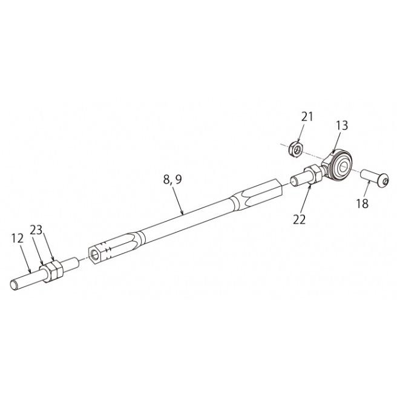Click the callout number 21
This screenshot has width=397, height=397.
307,117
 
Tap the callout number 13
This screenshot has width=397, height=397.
342,125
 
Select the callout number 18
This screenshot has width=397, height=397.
363,203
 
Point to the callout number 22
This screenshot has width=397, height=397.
300,219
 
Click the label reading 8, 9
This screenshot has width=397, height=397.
172,180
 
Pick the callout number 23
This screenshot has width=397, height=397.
36,230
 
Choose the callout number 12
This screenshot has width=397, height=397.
17,238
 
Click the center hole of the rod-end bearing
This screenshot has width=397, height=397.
344,166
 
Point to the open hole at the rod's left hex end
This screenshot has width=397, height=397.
95,254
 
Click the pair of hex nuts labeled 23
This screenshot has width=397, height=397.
51,272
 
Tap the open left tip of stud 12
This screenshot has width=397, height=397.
14,284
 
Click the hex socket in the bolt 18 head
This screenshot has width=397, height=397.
385,182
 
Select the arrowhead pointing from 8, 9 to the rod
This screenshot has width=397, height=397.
182,212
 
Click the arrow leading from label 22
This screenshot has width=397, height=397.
306,198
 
